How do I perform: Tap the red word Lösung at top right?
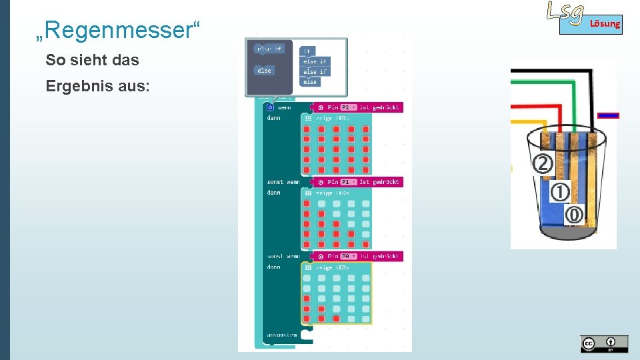605,25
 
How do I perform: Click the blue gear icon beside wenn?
270,107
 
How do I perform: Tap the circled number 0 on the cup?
574,215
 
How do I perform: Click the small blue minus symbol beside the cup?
609,115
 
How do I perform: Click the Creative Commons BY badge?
604,343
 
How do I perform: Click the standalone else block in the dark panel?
265,70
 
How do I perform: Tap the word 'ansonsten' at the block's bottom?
282,335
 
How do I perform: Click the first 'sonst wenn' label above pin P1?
283,182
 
